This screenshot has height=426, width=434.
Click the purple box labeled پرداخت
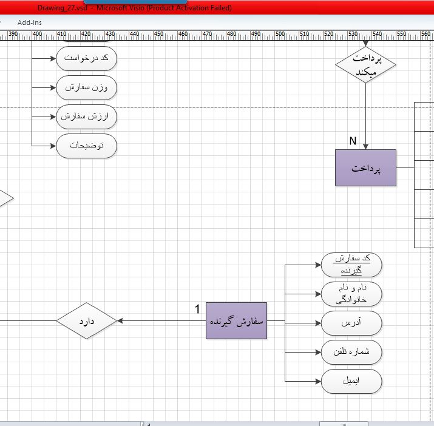pyautogui.click(x=365, y=167)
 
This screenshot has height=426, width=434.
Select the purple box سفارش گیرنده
pyautogui.click(x=236, y=321)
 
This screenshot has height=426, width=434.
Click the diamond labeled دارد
pyautogui.click(x=87, y=321)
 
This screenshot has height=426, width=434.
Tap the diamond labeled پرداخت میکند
pyautogui.click(x=365, y=64)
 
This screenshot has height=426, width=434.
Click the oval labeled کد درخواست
pyautogui.click(x=87, y=58)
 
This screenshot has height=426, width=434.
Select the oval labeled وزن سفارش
pyautogui.click(x=87, y=88)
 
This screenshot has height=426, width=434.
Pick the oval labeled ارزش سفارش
pyautogui.click(x=87, y=117)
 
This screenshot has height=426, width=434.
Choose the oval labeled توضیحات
pyautogui.click(x=87, y=146)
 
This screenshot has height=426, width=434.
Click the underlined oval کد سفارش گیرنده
pyautogui.click(x=351, y=265)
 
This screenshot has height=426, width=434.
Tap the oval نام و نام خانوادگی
pyautogui.click(x=351, y=294)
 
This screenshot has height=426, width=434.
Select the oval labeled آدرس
pyautogui.click(x=351, y=323)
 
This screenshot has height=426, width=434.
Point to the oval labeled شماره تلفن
pyautogui.click(x=351, y=353)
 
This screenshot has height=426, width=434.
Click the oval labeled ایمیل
pyautogui.click(x=351, y=382)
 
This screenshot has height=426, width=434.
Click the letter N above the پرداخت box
pyautogui.click(x=353, y=141)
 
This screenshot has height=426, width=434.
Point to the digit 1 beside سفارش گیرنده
pyautogui.click(x=197, y=309)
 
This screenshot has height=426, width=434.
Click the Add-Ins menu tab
pyautogui.click(x=30, y=22)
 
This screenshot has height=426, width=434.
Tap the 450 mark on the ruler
pyautogui.click(x=158, y=34)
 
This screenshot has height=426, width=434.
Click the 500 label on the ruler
pyautogui.click(x=280, y=34)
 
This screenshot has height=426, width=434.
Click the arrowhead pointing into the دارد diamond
pyautogui.click(x=120, y=321)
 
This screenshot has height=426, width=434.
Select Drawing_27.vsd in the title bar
pyautogui.click(x=63, y=8)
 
